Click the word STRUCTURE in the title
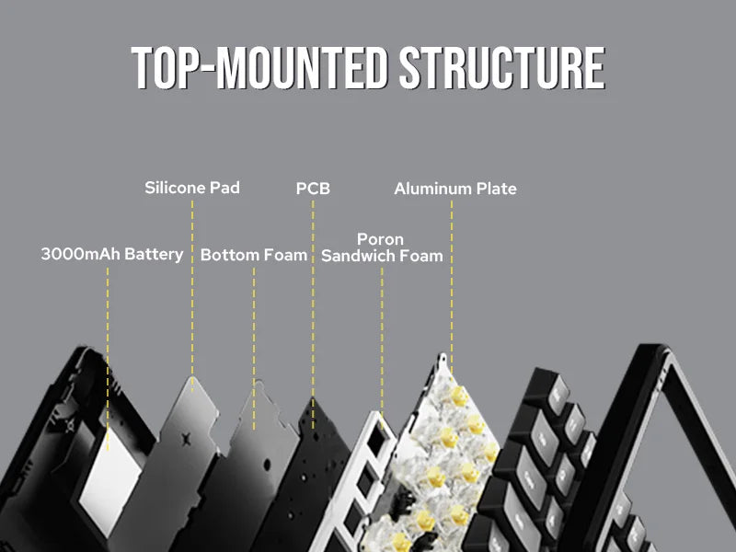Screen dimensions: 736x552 point(502,68)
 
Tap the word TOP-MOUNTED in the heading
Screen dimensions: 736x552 point(259,68)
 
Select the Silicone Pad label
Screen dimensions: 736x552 point(192,188)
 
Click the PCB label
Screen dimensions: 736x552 point(313,189)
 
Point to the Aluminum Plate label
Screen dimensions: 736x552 point(455,189)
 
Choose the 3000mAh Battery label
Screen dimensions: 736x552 point(112,255)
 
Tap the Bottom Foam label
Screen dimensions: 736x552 point(254,255)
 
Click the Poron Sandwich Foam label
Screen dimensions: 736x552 point(382,247)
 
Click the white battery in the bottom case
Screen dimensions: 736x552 point(111,481)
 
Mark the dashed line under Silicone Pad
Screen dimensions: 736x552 point(192,295)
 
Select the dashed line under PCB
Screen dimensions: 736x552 point(313,315)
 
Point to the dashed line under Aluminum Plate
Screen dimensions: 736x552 point(452,287)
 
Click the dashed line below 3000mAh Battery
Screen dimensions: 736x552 point(108,359)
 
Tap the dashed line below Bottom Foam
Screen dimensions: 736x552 point(254,349)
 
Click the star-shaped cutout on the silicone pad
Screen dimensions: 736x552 point(187,440)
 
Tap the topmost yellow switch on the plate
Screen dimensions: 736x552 point(458,397)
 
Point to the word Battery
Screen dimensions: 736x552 point(154,255)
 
